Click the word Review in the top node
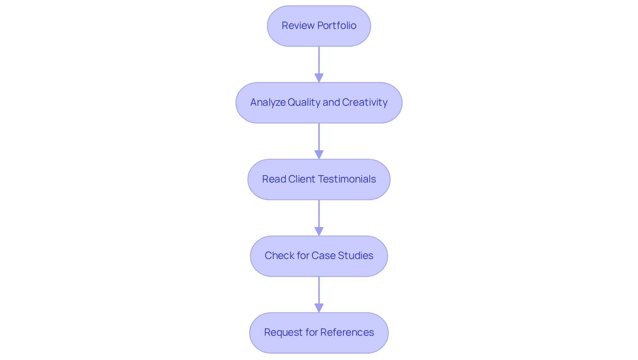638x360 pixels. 298,26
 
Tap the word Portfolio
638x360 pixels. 337,26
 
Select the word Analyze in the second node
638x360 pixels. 267,102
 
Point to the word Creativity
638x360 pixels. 365,102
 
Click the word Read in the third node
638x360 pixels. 274,179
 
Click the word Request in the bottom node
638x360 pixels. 283,332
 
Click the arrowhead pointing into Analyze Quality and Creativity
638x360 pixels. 319,78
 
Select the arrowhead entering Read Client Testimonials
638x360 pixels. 319,155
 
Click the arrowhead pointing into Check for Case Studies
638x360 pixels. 319,231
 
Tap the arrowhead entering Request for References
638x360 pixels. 319,308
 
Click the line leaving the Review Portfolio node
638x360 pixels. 319,60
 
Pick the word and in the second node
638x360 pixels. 331,102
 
